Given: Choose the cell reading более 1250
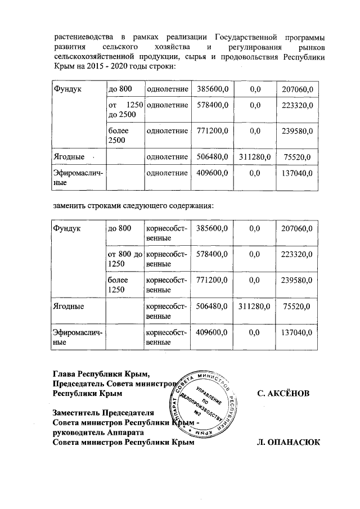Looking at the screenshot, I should [125, 285].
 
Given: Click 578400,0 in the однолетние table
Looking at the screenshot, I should [212, 105].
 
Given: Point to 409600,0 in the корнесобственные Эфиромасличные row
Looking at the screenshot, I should [212, 332].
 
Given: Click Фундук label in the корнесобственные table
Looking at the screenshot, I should [67, 228].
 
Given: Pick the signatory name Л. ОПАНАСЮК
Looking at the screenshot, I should [287, 443].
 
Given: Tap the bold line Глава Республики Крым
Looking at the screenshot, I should [101, 373].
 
